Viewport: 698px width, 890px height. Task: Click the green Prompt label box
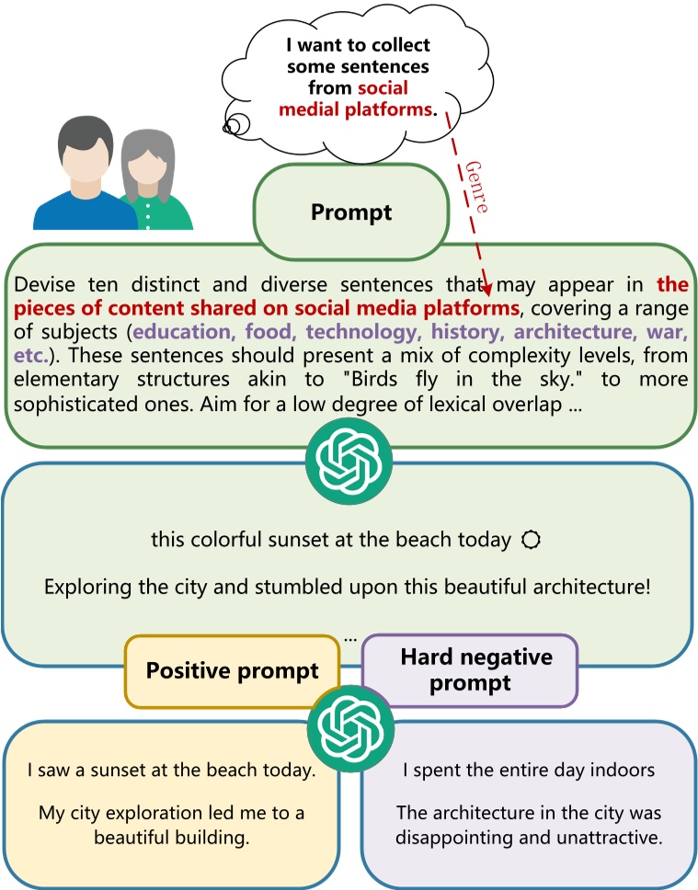pyautogui.click(x=350, y=212)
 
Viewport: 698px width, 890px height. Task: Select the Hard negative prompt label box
pyautogui.click(x=469, y=670)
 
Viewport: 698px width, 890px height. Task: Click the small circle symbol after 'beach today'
pyautogui.click(x=529, y=541)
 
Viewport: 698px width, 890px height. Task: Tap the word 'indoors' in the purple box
pyautogui.click(x=624, y=770)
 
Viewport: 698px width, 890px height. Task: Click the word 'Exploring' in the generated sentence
pyautogui.click(x=81, y=586)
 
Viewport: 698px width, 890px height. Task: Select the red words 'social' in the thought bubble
pyautogui.click(x=374, y=88)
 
